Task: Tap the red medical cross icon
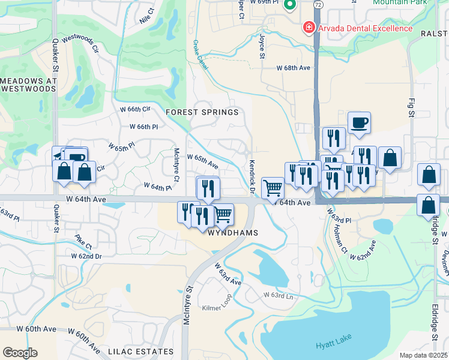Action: pyautogui.click(x=309, y=28)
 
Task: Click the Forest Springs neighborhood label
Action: pyautogui.click(x=202, y=112)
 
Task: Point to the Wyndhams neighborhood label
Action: pyautogui.click(x=233, y=233)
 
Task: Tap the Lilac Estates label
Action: pyautogui.click(x=140, y=352)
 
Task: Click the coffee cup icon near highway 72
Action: pyautogui.click(x=359, y=122)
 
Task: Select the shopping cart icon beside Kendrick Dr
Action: pyautogui.click(x=273, y=188)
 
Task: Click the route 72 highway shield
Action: pyautogui.click(x=318, y=4)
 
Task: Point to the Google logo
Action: pyautogui.click(x=20, y=353)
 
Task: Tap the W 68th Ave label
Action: pyautogui.click(x=293, y=68)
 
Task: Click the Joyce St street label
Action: pyautogui.click(x=262, y=46)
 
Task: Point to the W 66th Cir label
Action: pyautogui.click(x=134, y=109)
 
